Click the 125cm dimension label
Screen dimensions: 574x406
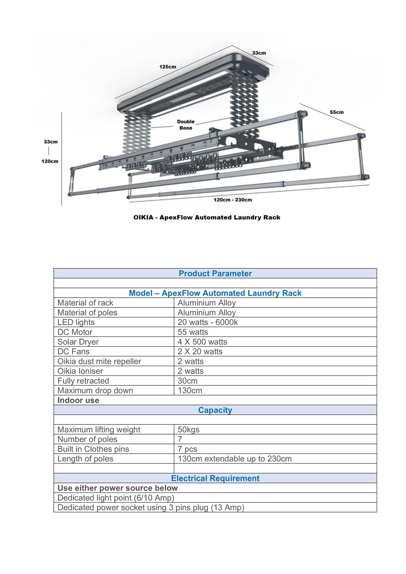168,67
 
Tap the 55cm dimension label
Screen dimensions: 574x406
337,112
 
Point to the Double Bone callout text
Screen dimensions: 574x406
186,125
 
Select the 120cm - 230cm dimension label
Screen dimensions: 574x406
233,200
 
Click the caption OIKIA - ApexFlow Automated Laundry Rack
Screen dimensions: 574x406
207,217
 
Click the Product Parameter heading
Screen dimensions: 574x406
215,273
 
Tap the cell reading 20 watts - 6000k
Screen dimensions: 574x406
208,322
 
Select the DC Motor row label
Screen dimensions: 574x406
75,332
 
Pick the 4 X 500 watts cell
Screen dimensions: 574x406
202,342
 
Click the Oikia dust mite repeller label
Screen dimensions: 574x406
99,361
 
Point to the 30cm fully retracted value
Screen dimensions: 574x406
188,381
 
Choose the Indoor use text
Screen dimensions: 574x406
78,400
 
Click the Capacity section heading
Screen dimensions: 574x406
215,410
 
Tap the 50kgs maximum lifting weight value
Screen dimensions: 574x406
189,430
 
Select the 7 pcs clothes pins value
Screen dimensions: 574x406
188,449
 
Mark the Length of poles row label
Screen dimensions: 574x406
85,459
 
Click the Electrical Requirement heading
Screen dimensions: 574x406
215,479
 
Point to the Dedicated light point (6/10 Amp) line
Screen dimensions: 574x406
116,498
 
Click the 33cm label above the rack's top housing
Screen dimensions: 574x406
259,53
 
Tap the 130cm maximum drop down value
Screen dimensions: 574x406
190,391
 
